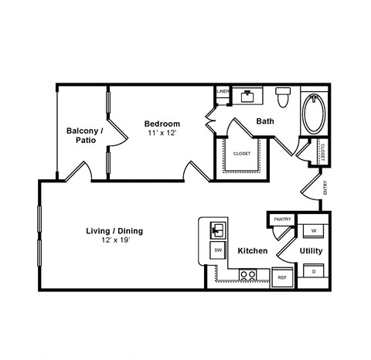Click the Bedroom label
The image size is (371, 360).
coord(162,124)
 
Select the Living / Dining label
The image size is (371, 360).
coord(114,230)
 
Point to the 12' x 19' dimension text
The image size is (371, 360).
coord(114,241)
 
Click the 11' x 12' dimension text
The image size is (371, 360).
coord(162,134)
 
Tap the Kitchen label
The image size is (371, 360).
coord(252,251)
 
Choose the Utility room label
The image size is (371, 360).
coord(311,251)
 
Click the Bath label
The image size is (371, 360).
coord(265,121)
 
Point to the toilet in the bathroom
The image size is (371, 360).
coord(282,97)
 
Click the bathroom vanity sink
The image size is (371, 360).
coord(247,97)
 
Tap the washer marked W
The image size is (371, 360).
coord(314,229)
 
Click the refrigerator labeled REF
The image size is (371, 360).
coord(282,277)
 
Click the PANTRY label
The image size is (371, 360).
coord(282,219)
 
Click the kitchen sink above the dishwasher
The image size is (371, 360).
coord(218,229)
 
